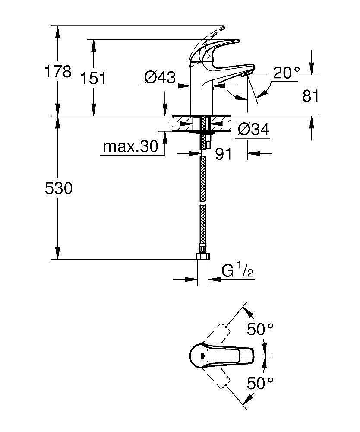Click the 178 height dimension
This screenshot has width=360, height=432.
(x=59, y=71)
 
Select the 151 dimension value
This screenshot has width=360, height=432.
(x=94, y=78)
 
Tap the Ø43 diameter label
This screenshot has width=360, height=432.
(x=160, y=78)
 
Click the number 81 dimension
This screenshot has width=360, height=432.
(x=310, y=96)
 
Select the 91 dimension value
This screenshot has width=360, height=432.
(x=224, y=154)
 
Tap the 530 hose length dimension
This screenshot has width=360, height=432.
(x=59, y=188)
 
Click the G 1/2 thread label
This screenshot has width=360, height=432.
(x=237, y=271)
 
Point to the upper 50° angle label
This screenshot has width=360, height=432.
(x=260, y=330)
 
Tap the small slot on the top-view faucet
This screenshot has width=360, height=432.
(x=202, y=357)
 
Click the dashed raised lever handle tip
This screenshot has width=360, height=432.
(x=221, y=29)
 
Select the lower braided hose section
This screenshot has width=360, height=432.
(x=202, y=225)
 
